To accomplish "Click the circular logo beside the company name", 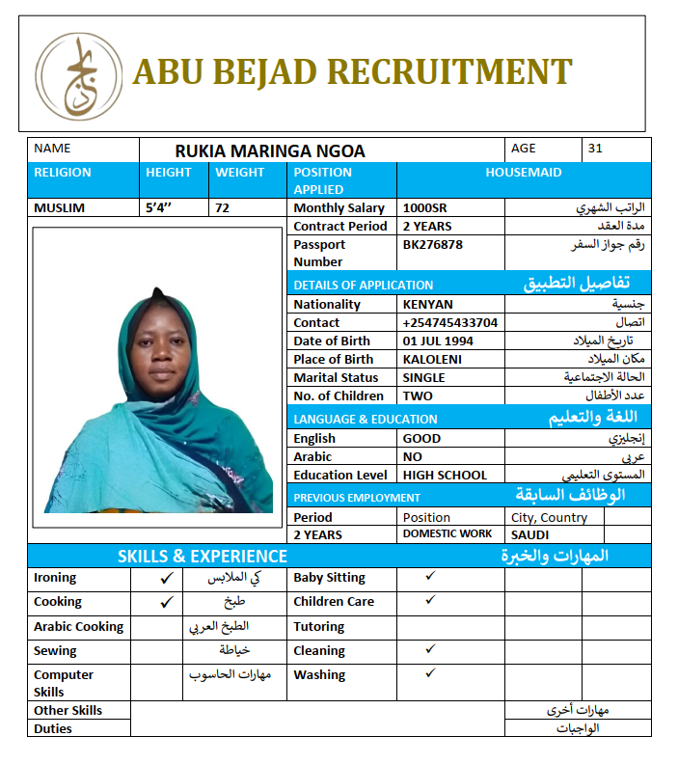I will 78,75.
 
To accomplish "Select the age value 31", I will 595,149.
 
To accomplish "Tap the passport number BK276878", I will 433,245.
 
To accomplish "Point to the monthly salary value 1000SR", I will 424,208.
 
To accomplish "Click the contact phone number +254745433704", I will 450,323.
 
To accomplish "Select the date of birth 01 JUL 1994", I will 438,341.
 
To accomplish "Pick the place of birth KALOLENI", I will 432,360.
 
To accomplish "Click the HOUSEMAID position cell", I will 524,173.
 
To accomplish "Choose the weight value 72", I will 223,208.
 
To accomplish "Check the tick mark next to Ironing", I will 167,579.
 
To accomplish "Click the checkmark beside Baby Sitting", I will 430,576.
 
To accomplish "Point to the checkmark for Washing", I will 430,673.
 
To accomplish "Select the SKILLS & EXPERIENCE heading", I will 203,557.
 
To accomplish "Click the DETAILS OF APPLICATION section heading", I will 364,286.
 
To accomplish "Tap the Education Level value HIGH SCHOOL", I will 445,476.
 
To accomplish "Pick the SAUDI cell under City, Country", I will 530,535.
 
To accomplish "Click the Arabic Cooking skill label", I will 79,627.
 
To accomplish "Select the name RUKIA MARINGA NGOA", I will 270,151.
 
